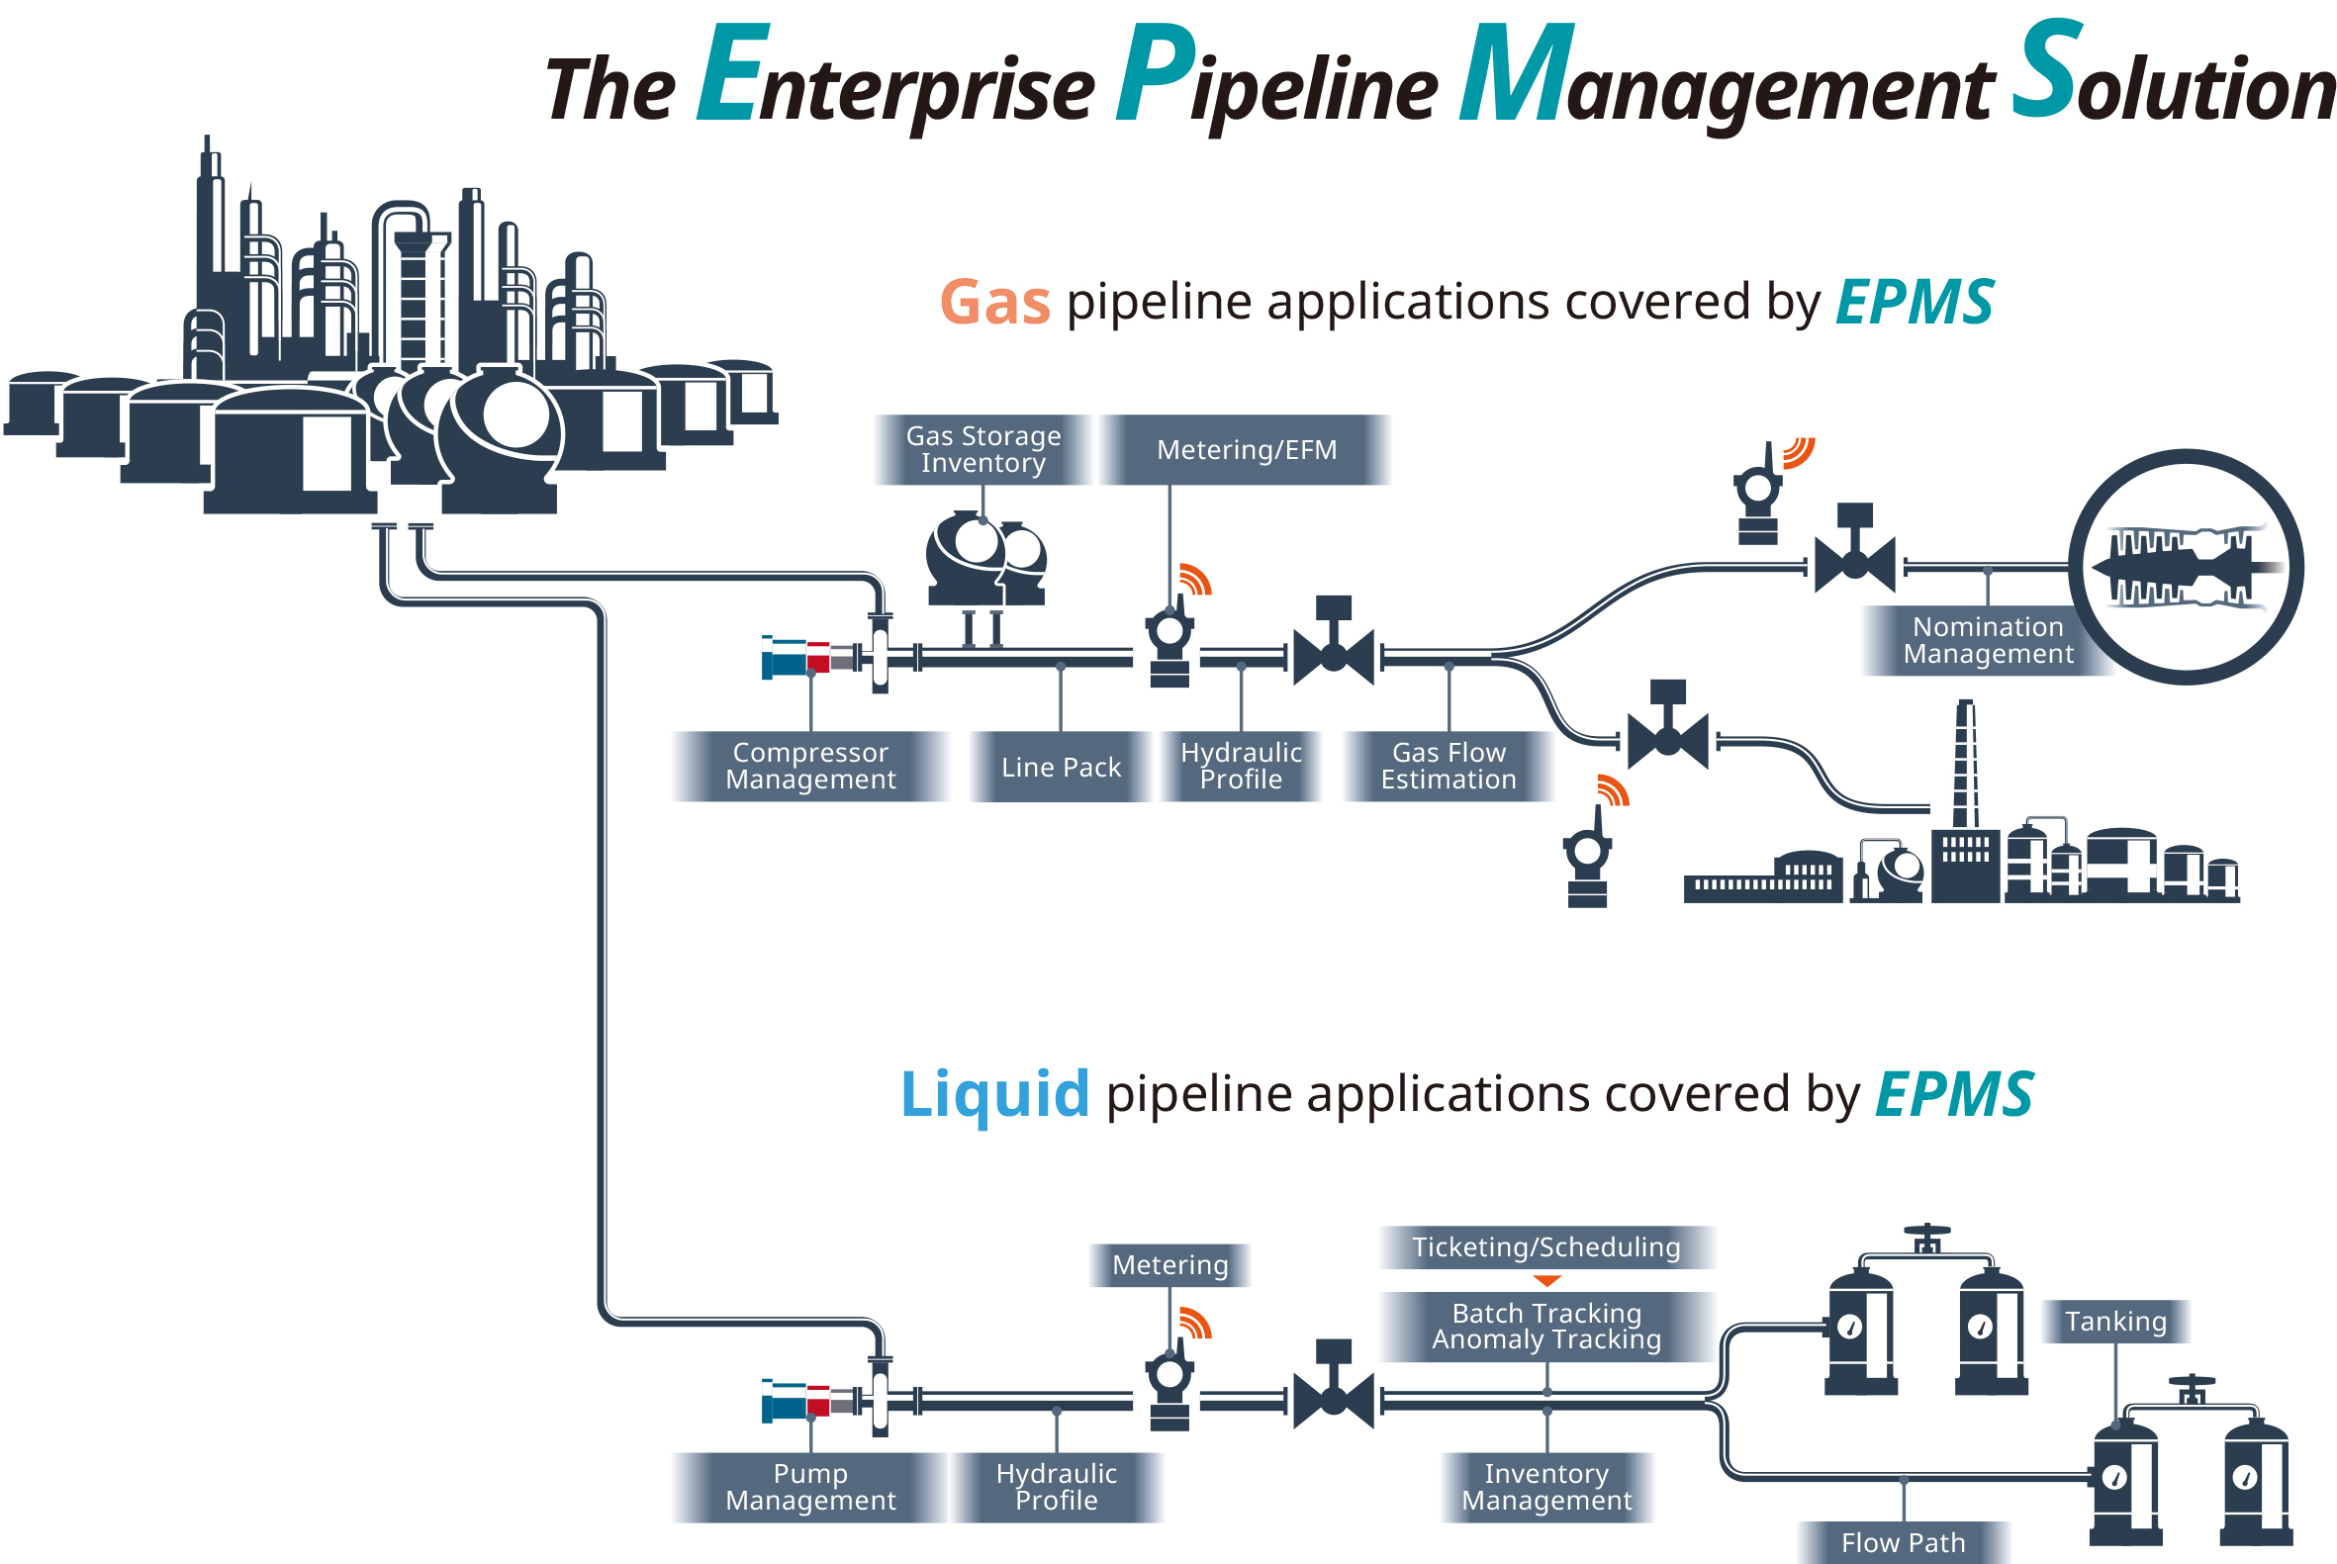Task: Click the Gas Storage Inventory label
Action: [982, 450]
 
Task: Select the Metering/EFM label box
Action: [1246, 450]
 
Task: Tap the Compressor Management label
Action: [810, 766]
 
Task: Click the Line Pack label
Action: [1061, 767]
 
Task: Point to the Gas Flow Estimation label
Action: [1449, 766]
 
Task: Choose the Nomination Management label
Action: [1987, 640]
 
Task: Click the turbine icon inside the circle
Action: [2185, 568]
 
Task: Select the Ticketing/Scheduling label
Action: [1546, 1246]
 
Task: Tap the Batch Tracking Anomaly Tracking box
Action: [1546, 1327]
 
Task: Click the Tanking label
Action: [2114, 1322]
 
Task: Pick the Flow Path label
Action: [1902, 1542]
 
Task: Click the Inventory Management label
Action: [1546, 1487]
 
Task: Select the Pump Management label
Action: [810, 1487]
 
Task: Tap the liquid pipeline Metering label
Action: [1170, 1265]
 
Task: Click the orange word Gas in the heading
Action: [994, 303]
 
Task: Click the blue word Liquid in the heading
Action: [994, 1094]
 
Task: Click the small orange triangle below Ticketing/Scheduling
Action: [1546, 1281]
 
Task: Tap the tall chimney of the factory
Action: [1965, 763]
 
